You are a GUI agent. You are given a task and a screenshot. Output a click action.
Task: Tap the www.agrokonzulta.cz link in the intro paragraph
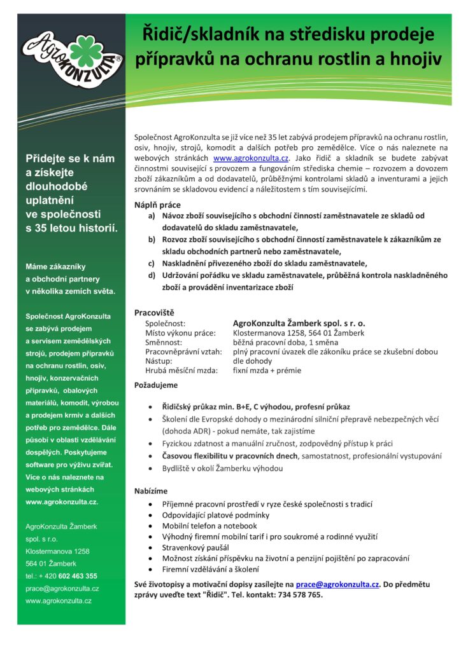(252, 157)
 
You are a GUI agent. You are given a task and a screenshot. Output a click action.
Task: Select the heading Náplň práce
(157, 205)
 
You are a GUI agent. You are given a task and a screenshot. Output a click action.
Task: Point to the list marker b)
(152, 239)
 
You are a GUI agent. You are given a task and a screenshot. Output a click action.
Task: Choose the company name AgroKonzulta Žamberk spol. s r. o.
(299, 323)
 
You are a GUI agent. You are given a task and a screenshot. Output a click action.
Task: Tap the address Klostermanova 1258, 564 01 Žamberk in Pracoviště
(299, 332)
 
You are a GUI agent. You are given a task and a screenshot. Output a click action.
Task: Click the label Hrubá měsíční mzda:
(181, 370)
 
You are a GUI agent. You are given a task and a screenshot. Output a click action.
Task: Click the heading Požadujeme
(156, 385)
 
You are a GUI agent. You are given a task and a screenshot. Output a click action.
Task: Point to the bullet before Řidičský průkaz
(149, 407)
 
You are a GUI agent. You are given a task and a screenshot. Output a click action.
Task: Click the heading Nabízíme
(152, 491)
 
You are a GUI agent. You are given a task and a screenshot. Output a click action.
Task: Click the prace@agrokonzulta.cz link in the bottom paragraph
(337, 584)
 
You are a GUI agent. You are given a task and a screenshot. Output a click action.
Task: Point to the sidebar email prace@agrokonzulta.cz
(62, 588)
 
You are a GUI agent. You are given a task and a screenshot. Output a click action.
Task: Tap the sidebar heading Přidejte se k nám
(70, 158)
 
